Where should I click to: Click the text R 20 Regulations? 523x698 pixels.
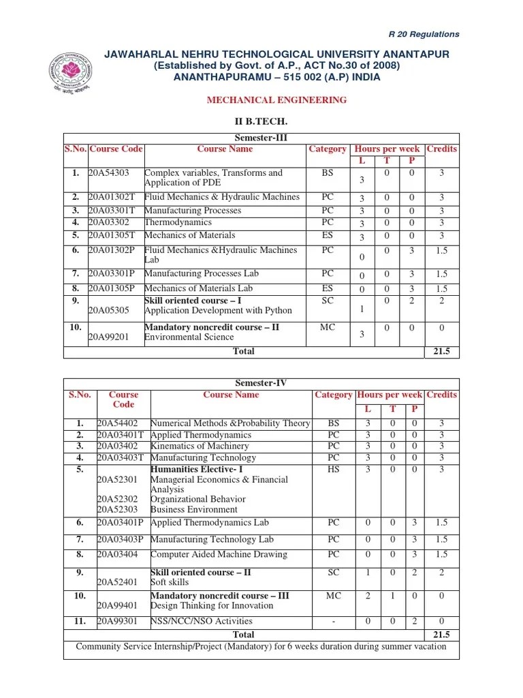424,34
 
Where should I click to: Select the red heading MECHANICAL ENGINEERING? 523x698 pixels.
276,100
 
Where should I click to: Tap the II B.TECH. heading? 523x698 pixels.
261,121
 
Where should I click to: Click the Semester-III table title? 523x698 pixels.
261,138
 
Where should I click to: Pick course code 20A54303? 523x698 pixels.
108,173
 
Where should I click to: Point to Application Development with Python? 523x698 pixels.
218,310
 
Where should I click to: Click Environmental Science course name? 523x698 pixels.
189,337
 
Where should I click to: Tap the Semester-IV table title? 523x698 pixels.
261,384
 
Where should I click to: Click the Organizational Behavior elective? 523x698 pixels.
197,499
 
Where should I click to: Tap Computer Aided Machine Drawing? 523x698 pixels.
219,554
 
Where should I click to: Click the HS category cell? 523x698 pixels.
333,469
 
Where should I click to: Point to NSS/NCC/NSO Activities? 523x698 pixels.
201,621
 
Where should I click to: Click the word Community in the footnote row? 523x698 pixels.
103,646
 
